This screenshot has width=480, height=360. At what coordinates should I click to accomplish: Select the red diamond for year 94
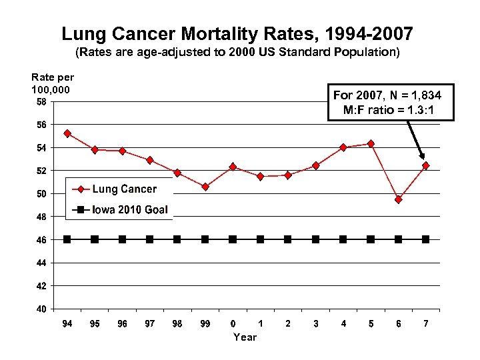click(x=67, y=133)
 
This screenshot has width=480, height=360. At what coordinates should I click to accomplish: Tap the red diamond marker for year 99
click(x=205, y=187)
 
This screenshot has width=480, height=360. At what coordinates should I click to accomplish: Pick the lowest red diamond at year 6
click(x=398, y=199)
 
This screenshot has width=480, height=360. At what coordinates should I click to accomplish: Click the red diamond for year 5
click(x=371, y=143)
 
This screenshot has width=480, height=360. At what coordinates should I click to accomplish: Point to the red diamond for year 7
click(x=425, y=165)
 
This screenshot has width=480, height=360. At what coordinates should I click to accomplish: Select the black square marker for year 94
click(x=67, y=239)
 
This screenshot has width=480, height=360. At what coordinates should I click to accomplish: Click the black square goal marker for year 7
click(x=425, y=239)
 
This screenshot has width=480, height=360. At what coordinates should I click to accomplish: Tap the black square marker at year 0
click(x=233, y=239)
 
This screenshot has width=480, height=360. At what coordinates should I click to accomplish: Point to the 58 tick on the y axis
click(x=42, y=102)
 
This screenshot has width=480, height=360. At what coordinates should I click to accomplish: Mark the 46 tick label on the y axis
click(x=42, y=240)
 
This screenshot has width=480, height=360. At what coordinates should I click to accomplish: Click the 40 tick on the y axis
click(x=42, y=309)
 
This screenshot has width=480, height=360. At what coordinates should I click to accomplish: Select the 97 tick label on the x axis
click(x=150, y=324)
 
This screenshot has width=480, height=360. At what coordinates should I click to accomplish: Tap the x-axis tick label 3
click(x=315, y=324)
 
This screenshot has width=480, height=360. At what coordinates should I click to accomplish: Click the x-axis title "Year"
click(x=245, y=337)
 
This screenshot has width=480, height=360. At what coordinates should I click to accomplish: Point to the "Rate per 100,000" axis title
click(x=53, y=83)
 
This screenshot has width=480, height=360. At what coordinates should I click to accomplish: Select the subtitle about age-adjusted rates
click(x=237, y=51)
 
